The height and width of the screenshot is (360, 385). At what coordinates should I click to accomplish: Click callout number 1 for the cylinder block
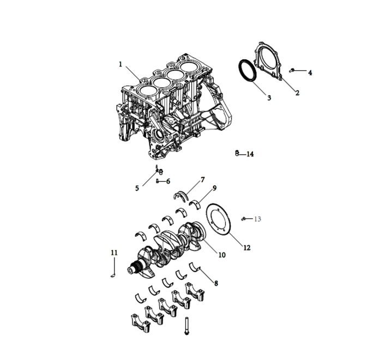point(121,64)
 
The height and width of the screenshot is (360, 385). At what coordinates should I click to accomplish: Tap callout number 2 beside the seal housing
point(297,93)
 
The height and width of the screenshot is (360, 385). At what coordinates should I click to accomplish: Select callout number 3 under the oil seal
point(269,97)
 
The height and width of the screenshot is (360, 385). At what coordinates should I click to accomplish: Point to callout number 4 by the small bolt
point(310,72)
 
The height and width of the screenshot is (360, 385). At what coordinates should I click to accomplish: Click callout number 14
point(250,154)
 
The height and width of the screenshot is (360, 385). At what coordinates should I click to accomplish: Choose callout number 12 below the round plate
point(246,248)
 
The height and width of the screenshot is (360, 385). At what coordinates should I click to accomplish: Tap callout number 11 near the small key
point(114,253)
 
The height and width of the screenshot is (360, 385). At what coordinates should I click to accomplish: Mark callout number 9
point(214,188)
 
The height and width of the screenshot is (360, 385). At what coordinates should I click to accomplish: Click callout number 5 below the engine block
point(137,188)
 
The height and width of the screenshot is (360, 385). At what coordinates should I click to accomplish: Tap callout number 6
point(167,181)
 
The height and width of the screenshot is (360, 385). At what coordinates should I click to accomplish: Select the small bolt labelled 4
point(293,70)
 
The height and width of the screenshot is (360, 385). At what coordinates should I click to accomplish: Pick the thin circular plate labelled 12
point(219,221)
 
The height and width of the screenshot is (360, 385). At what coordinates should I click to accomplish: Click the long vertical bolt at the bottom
point(187,325)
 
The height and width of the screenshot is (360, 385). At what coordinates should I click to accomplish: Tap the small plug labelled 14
point(237,153)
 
